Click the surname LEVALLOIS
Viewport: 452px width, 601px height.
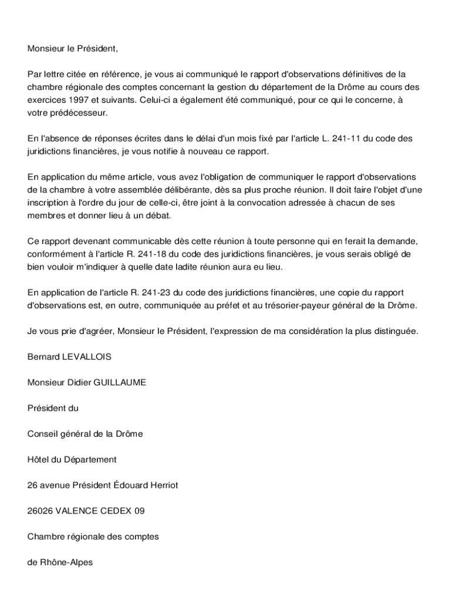[86, 356]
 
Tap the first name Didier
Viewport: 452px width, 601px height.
[79, 382]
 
